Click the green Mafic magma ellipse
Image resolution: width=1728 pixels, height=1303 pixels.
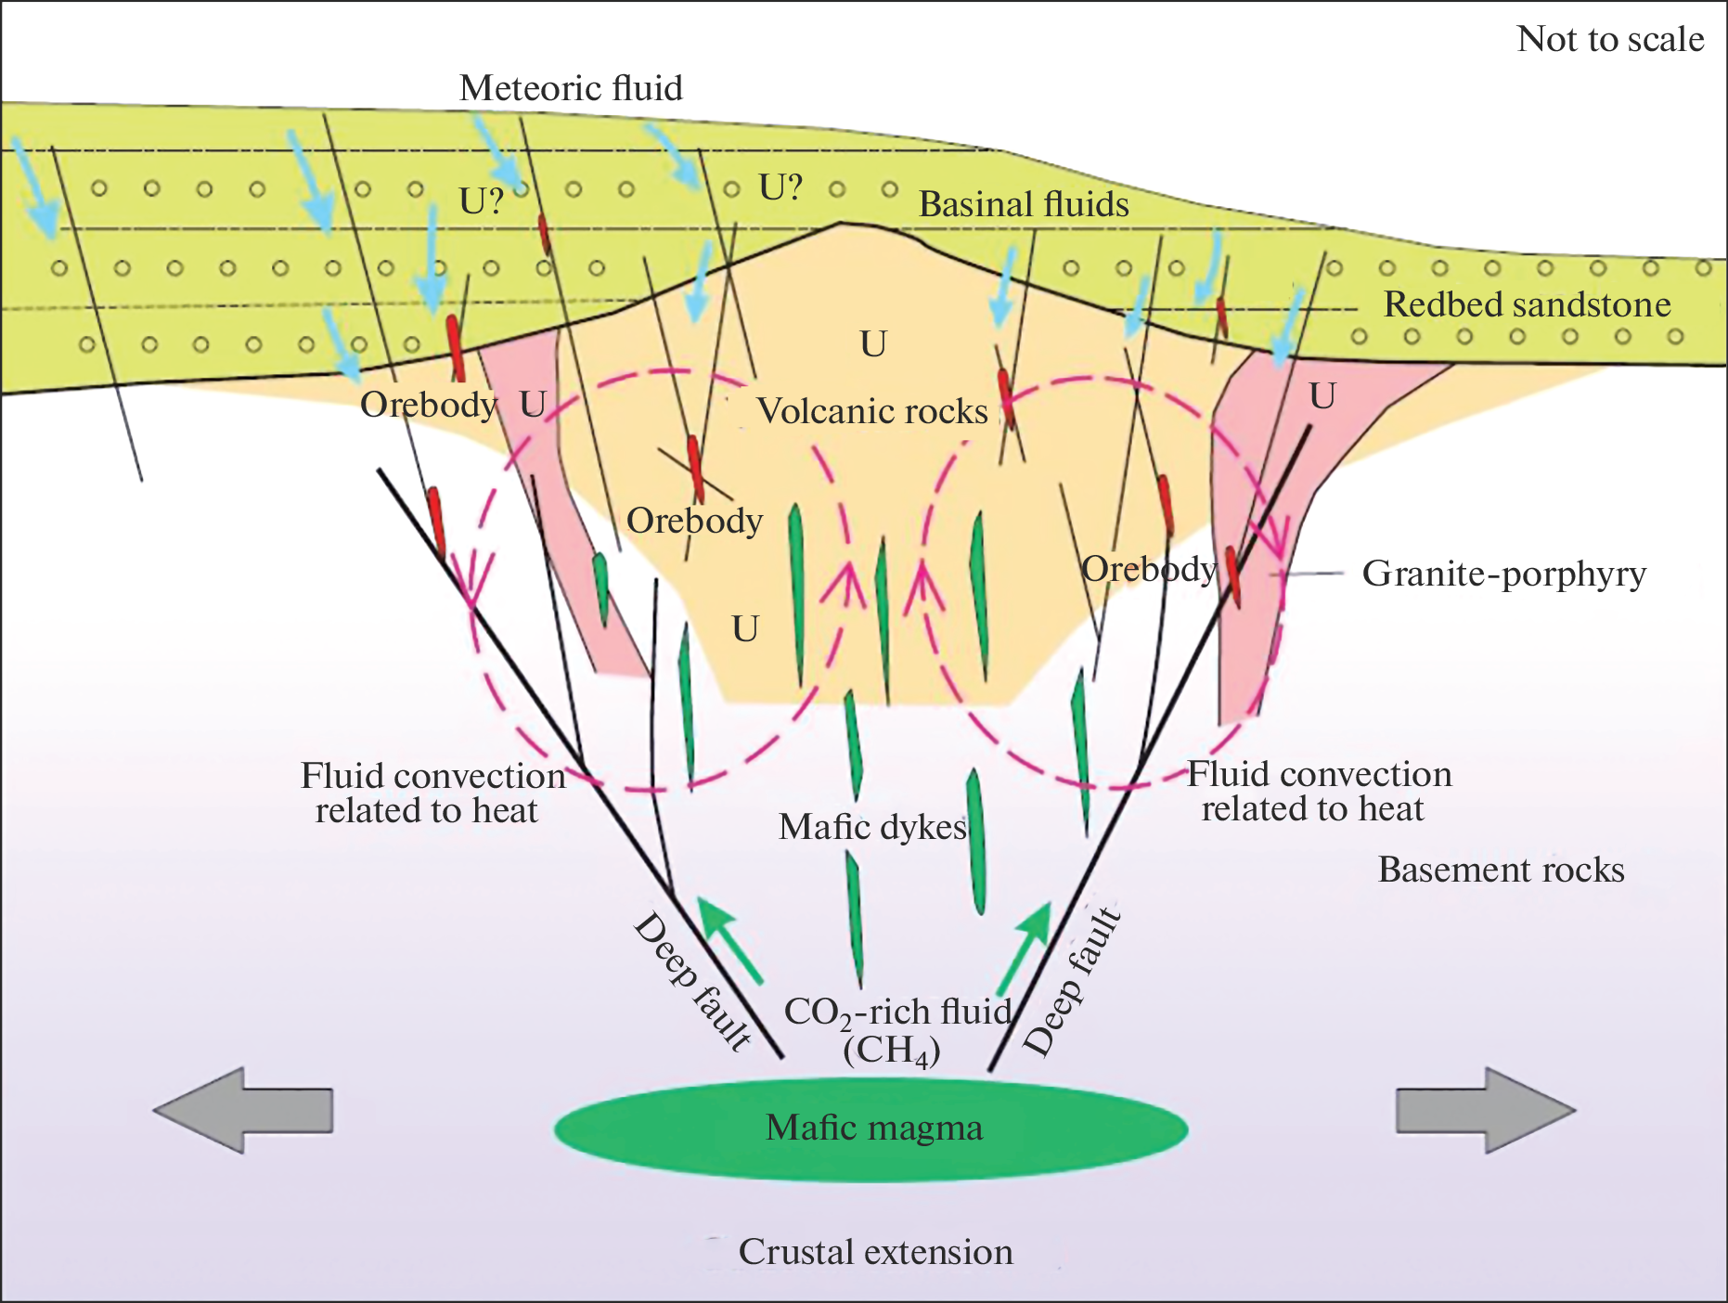tap(870, 1129)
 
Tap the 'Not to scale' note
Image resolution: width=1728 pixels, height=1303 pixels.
tap(1609, 40)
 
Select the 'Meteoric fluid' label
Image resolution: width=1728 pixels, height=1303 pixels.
tap(571, 89)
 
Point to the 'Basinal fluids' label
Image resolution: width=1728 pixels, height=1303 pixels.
tap(1024, 205)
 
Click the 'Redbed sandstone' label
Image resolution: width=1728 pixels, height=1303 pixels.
tap(1527, 304)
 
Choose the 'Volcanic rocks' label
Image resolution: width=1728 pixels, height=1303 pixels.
tap(872, 411)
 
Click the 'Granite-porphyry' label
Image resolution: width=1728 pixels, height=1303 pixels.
tap(1503, 574)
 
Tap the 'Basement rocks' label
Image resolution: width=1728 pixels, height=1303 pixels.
tap(1501, 870)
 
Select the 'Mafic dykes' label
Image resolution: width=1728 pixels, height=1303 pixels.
tap(872, 827)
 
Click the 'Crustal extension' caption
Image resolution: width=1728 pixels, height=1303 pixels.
tap(875, 1252)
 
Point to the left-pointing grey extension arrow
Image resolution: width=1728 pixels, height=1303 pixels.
tap(243, 1110)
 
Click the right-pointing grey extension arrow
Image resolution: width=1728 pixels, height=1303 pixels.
tap(1485, 1110)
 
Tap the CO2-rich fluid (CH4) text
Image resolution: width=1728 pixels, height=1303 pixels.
tap(896, 1030)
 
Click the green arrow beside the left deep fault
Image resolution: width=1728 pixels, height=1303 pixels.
tap(729, 939)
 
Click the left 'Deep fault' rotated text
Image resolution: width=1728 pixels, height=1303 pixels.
tap(692, 982)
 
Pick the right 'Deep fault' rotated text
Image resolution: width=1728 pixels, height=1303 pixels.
tap(1072, 982)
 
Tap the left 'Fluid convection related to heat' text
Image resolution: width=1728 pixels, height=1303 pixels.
tap(432, 793)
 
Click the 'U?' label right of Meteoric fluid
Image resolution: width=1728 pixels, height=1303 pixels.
tap(780, 187)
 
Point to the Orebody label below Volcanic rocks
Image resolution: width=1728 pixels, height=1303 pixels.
tap(694, 521)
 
